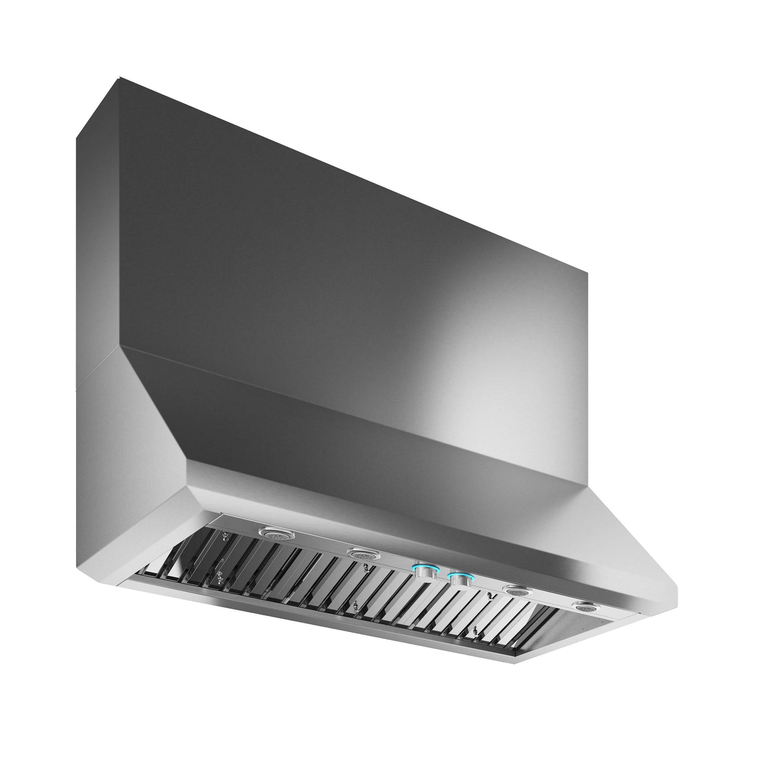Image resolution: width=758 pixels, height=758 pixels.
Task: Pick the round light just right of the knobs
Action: (517, 591)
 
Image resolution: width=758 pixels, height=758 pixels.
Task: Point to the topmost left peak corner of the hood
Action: (119, 79)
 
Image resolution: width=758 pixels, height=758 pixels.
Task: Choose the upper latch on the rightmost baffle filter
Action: (489, 595)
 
